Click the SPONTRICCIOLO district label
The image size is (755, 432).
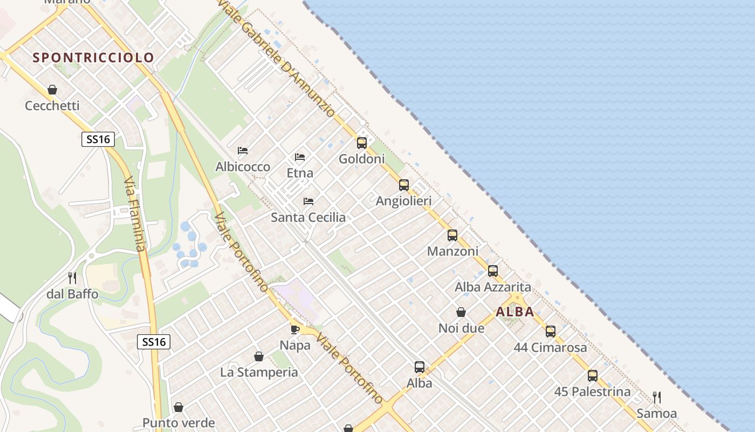93,57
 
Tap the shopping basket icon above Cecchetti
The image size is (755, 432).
52,90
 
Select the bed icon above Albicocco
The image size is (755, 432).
243,151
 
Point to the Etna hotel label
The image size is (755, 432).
300,173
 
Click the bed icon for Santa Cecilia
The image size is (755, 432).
308,201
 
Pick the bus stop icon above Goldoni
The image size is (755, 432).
361,143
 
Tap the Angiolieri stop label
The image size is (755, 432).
403,201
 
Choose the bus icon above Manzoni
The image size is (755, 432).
452,235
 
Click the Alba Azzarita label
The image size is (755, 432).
492,287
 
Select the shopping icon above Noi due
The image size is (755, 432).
461,312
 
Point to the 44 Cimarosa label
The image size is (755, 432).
550,347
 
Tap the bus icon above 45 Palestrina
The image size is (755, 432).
592,376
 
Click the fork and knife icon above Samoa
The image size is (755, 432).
656,397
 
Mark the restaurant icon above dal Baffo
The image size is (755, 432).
72,278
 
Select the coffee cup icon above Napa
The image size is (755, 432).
294,329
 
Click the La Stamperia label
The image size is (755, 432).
259,372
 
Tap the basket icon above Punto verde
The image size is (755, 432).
178,407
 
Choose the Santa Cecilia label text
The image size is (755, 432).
308,217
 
